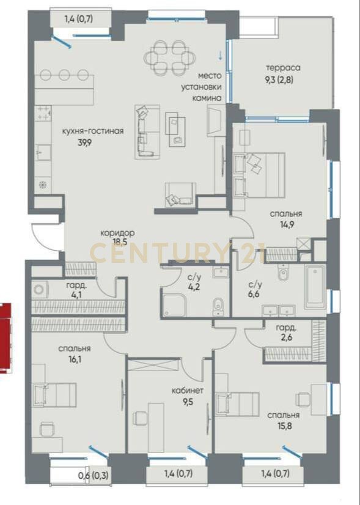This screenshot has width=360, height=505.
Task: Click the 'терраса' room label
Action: click(283, 68)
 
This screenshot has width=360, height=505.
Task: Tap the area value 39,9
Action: click(85, 142)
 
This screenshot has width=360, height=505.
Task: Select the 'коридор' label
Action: click(117, 232)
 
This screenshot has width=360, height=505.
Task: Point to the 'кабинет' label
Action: click(188, 391)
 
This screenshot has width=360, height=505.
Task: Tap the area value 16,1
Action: click(75, 359)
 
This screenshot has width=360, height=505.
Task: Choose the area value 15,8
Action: click(284, 426)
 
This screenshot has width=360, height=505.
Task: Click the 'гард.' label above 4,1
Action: click(76, 285)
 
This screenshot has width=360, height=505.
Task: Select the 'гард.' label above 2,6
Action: click(286, 328)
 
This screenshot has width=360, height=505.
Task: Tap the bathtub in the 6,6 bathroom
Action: click(315, 287)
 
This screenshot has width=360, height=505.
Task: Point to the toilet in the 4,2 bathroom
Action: click(218, 308)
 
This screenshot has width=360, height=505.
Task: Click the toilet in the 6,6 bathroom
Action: click(283, 273)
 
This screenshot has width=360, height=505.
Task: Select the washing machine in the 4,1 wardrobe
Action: click(40, 290)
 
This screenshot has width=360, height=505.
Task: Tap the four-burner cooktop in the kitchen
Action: click(43, 113)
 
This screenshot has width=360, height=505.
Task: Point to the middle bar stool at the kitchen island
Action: click(64, 75)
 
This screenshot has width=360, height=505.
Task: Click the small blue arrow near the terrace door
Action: click(220, 55)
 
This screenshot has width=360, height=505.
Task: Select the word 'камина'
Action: click(207, 98)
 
